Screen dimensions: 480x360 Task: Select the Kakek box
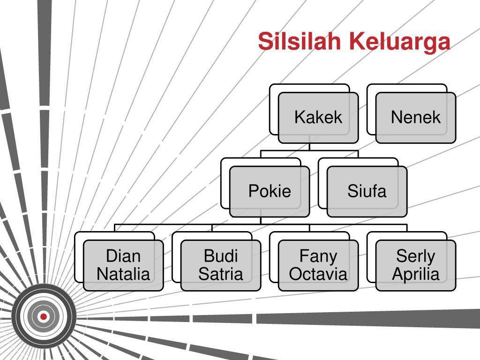point(318,118)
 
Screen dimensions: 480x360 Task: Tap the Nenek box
point(416,118)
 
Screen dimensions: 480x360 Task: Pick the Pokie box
point(270,192)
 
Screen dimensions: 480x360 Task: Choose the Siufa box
point(367,192)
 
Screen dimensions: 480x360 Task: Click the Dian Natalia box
point(123,265)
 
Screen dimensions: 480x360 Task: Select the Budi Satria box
point(221,265)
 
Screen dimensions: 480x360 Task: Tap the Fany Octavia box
point(318,265)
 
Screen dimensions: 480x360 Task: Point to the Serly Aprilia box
point(416,265)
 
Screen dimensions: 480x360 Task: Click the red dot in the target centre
point(44,316)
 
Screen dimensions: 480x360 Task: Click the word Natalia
point(123,274)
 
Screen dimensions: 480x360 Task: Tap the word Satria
point(221,274)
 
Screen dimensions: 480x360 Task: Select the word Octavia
point(318,274)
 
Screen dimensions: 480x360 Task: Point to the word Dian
point(123,256)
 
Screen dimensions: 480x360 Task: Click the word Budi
point(221,256)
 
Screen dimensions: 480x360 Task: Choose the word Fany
point(318,257)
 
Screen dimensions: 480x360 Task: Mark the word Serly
point(416,257)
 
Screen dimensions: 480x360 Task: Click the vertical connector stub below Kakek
point(309,147)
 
